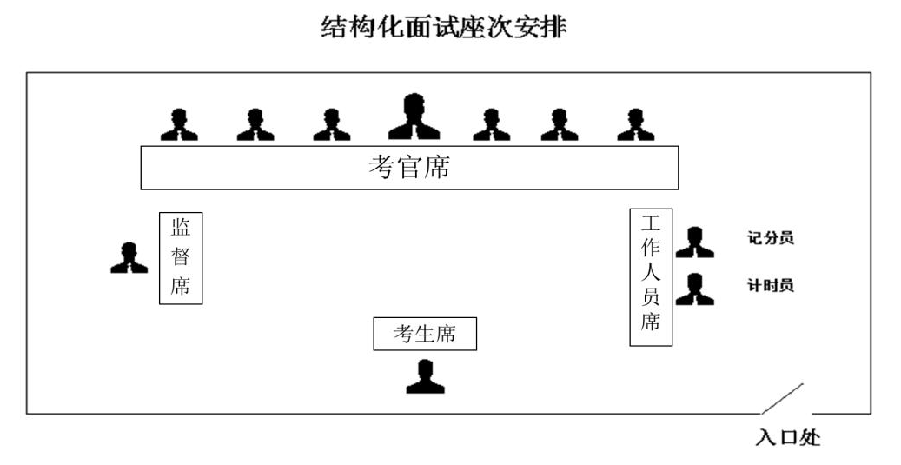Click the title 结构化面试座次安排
[x=444, y=28]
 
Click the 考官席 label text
[x=408, y=167]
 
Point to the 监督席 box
[x=181, y=257]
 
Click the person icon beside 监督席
[x=129, y=257]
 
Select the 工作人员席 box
[x=651, y=276]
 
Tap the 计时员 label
[x=770, y=285]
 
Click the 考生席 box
[x=425, y=334]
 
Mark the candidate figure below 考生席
[x=426, y=376]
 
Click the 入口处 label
[x=787, y=437]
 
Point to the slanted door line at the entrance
[x=782, y=398]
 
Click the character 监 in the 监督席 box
[x=181, y=228]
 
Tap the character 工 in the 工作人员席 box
[x=651, y=223]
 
